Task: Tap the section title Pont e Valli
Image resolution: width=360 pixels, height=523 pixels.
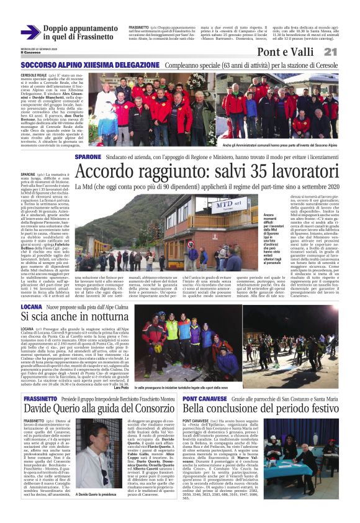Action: click(x=290, y=52)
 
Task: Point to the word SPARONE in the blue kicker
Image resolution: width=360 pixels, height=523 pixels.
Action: click(x=88, y=157)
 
